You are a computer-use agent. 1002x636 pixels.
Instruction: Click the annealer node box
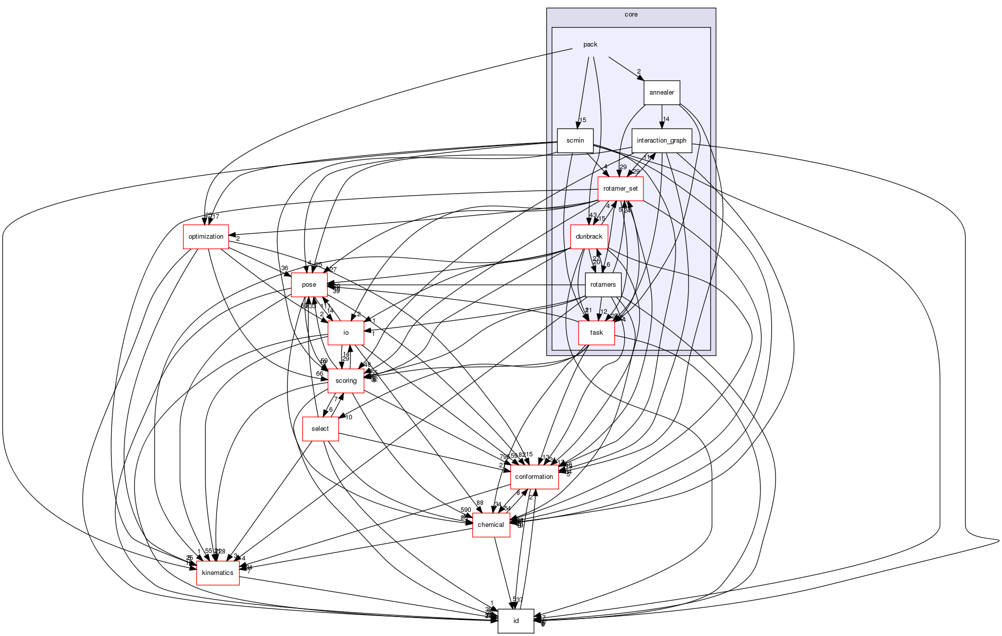661,93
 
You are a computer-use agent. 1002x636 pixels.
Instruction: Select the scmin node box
575,141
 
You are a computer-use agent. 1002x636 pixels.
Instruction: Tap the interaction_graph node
661,141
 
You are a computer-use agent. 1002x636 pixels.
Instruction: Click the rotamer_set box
620,189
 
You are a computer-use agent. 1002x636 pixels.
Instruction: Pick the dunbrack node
589,237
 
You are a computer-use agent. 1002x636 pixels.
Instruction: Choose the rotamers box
603,285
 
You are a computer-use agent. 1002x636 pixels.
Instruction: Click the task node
596,333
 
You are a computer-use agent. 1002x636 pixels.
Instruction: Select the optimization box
206,237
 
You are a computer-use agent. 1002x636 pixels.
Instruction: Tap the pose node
309,285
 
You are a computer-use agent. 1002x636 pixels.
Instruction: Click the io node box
345,333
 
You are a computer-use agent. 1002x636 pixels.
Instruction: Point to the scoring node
345,381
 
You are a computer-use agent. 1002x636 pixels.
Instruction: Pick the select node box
320,429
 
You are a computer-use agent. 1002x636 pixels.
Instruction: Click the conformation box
534,477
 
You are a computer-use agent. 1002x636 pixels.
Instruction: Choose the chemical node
491,525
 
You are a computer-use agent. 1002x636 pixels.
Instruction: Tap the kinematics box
217,573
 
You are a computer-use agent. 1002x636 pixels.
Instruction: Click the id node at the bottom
516,621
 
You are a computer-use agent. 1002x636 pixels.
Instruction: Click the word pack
590,45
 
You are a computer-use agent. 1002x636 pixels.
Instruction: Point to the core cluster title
631,15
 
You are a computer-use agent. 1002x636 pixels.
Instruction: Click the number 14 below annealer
666,119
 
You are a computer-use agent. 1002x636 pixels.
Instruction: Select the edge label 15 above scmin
582,120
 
